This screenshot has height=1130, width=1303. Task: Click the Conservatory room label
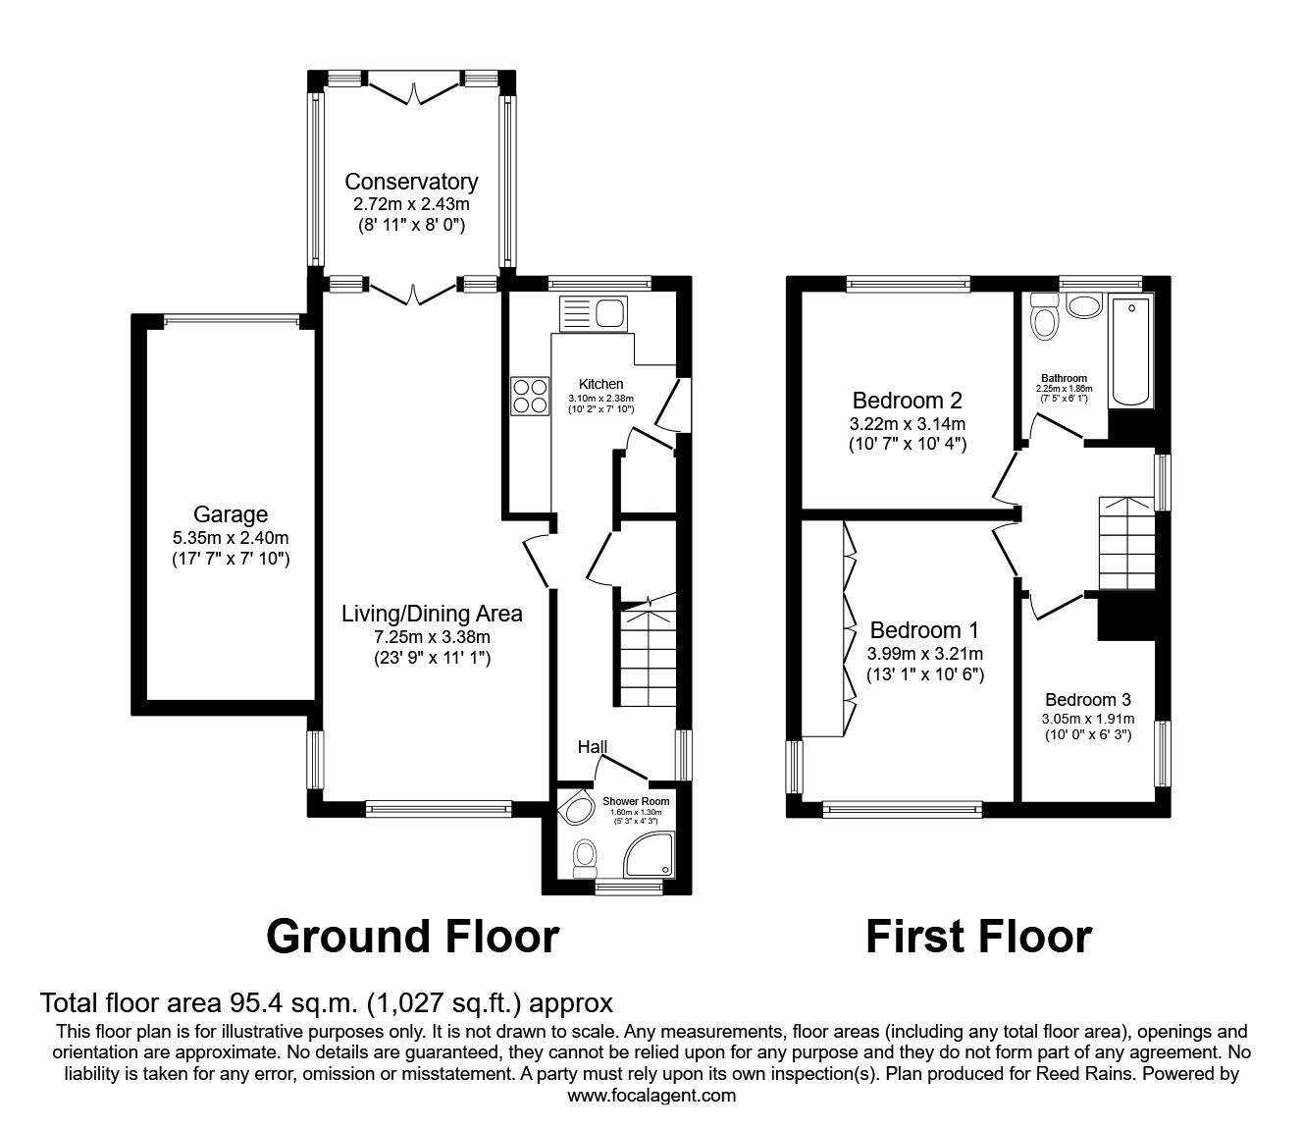(411, 182)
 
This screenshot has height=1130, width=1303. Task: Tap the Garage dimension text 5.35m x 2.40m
(231, 538)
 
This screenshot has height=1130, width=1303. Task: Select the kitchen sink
(593, 314)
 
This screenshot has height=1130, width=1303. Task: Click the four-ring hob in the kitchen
(530, 396)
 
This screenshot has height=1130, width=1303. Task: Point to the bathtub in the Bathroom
(1131, 350)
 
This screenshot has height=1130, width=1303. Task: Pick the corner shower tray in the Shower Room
(650, 855)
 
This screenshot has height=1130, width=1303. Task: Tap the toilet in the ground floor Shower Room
(585, 858)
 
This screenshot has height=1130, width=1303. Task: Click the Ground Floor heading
(413, 937)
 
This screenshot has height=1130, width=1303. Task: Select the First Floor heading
(979, 937)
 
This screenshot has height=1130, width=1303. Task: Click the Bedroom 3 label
(1088, 700)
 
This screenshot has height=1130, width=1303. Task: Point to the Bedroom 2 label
(908, 400)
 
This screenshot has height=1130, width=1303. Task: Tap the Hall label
(593, 747)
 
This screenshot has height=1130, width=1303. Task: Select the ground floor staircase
(648, 654)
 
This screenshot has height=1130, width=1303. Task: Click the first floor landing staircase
(1127, 543)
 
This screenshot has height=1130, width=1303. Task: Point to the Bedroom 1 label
(924, 629)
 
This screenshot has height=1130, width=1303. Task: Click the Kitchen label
(601, 384)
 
